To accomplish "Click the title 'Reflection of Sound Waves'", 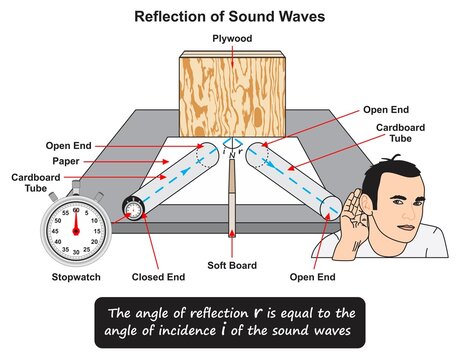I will pos(230,17).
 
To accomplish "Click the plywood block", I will pos(231,95).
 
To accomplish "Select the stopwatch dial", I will pos(74,223).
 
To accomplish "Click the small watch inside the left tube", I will pos(131,210).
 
